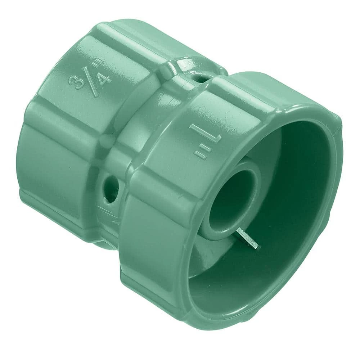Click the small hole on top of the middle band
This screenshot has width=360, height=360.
[x=200, y=78]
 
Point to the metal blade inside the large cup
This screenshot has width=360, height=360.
[x=248, y=239]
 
